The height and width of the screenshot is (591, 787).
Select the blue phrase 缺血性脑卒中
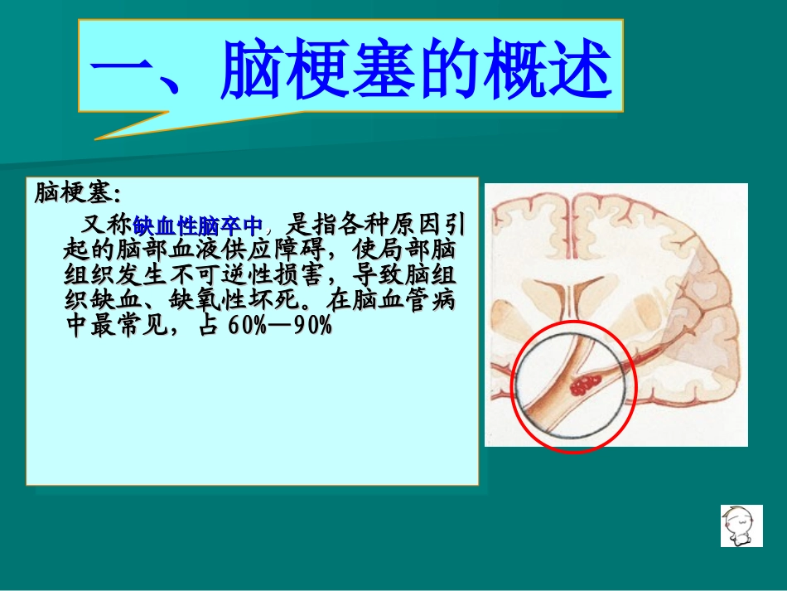click(x=198, y=225)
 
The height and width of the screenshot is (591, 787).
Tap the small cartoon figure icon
click(x=741, y=526)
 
